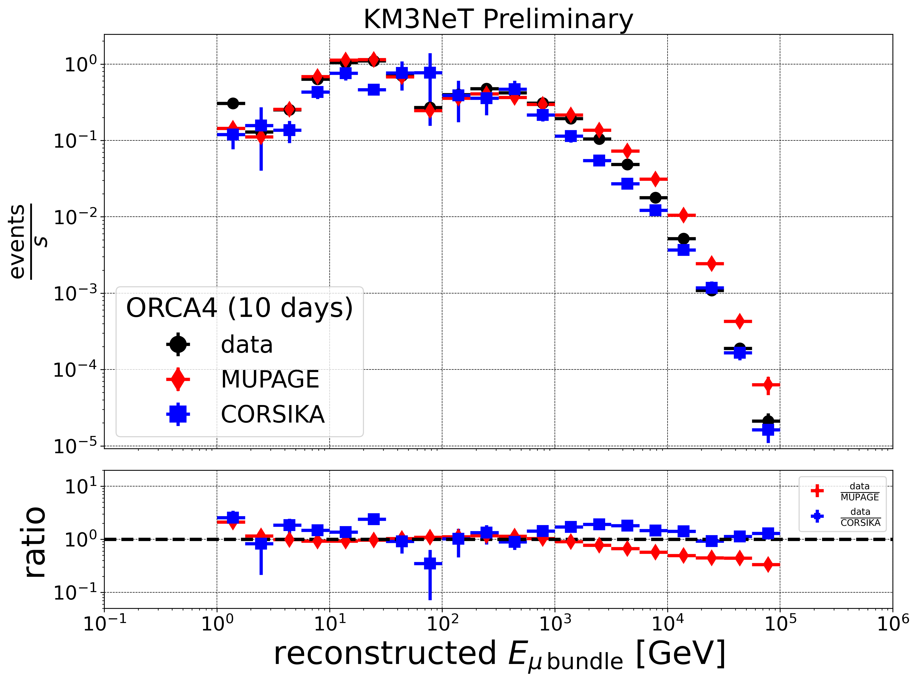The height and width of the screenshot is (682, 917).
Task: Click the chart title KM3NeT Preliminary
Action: (498, 19)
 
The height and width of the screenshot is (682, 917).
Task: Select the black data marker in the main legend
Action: (178, 344)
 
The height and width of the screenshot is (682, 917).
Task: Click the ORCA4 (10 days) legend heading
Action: (239, 308)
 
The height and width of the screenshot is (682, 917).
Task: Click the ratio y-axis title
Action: (35, 542)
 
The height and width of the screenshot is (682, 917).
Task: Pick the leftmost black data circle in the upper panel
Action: (233, 103)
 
